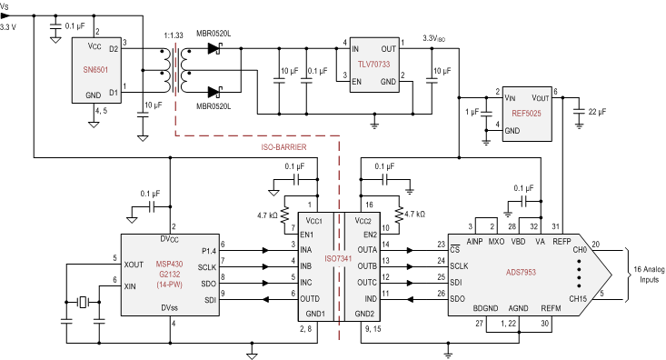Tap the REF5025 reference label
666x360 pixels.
[528, 114]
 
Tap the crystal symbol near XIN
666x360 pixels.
[83, 303]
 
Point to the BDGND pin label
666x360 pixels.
[485, 308]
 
